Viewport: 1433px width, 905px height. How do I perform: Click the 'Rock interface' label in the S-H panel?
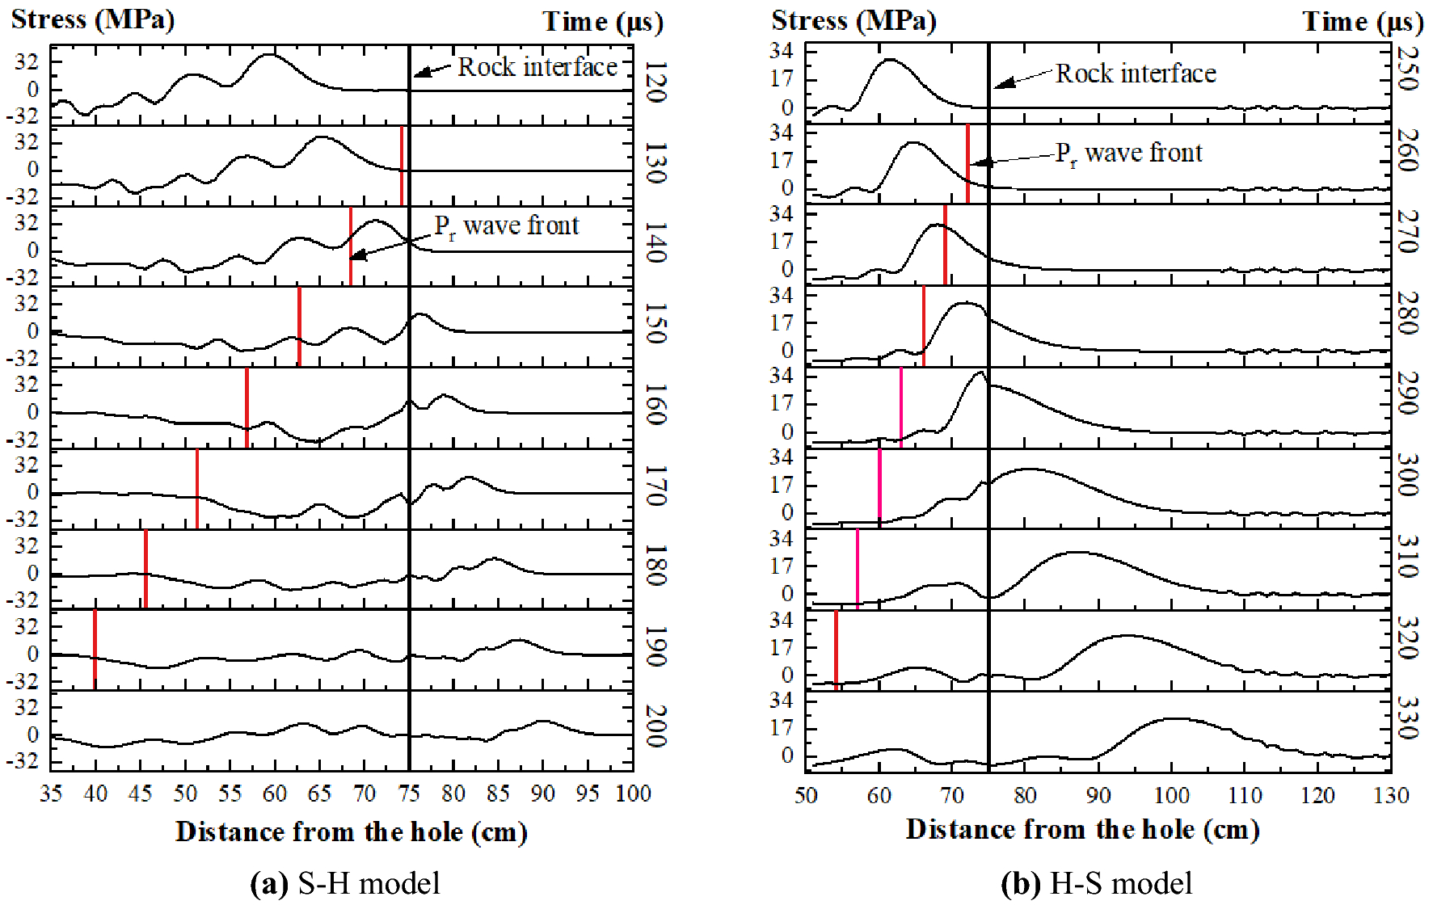pyautogui.click(x=537, y=67)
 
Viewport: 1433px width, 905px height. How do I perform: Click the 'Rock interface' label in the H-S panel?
pyautogui.click(x=1136, y=74)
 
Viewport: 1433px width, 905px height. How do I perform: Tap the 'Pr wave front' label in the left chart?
pyautogui.click(x=507, y=226)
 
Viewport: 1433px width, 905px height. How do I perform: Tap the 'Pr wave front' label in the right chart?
pyautogui.click(x=1129, y=154)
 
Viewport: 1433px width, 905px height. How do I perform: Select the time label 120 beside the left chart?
pyautogui.click(x=655, y=82)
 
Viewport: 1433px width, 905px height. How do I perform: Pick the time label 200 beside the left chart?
pyautogui.click(x=655, y=726)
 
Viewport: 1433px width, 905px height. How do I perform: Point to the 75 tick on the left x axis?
pyautogui.click(x=409, y=793)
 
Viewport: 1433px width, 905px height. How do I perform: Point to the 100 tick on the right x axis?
pyautogui.click(x=1171, y=795)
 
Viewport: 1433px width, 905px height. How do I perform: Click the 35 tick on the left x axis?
pyautogui.click(x=51, y=793)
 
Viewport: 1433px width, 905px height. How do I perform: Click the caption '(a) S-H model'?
pyautogui.click(x=345, y=883)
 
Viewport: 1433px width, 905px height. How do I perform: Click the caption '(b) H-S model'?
pyautogui.click(x=1096, y=883)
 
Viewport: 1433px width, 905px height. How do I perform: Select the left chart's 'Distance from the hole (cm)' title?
pyautogui.click(x=352, y=831)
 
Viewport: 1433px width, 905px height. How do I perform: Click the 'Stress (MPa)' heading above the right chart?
pyautogui.click(x=853, y=20)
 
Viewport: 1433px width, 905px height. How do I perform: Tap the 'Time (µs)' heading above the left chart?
pyautogui.click(x=603, y=22)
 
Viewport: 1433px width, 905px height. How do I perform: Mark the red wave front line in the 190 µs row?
pyautogui.click(x=95, y=649)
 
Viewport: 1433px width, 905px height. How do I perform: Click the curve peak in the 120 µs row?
pyautogui.click(x=269, y=55)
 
